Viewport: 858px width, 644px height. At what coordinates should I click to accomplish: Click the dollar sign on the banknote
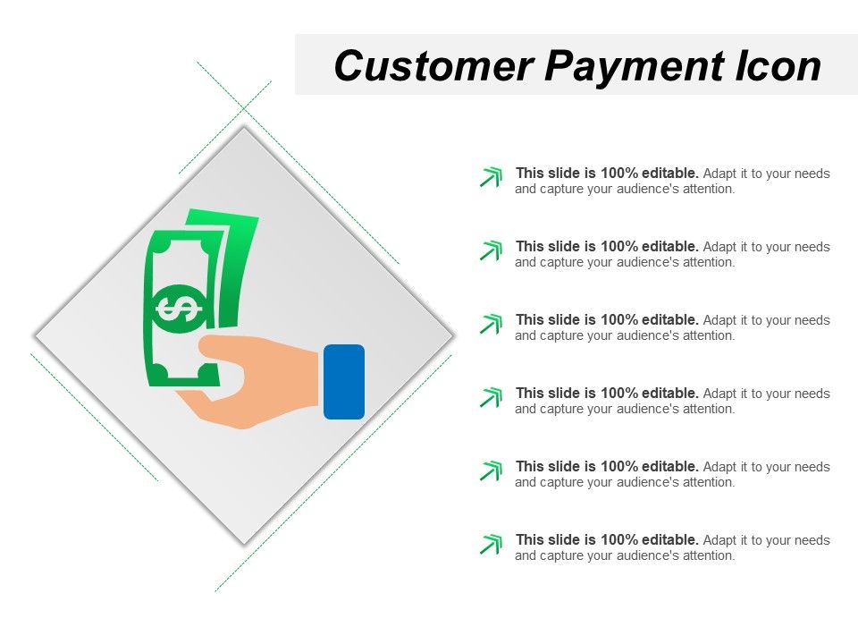pyautogui.click(x=179, y=309)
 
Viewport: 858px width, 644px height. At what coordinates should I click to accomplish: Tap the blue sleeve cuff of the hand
pyautogui.click(x=344, y=382)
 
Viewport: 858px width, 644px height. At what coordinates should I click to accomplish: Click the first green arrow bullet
pyautogui.click(x=491, y=177)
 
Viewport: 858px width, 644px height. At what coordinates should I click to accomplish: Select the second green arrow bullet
pyautogui.click(x=491, y=250)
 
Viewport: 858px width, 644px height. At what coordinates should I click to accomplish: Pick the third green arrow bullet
pyautogui.click(x=491, y=324)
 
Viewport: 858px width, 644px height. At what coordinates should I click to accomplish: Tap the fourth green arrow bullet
pyautogui.click(x=491, y=397)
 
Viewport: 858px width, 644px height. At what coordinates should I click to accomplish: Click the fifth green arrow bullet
pyautogui.click(x=491, y=470)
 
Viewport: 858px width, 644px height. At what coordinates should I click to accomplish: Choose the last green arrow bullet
pyautogui.click(x=491, y=544)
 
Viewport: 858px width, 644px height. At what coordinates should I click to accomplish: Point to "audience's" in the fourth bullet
pyautogui.click(x=647, y=410)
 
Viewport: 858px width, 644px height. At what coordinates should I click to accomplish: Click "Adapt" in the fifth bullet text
pyautogui.click(x=720, y=467)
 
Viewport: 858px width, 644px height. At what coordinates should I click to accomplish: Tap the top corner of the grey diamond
pyautogui.click(x=244, y=128)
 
